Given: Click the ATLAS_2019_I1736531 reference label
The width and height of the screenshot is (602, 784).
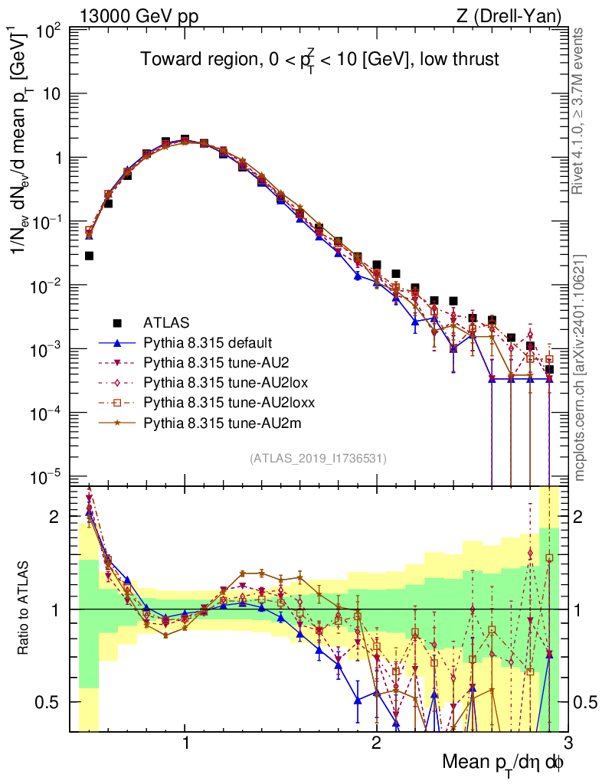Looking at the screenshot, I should pos(318,459).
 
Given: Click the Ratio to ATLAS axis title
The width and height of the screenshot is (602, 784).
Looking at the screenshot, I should pos(25,609).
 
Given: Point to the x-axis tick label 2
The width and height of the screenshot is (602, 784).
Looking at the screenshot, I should pos(376,743).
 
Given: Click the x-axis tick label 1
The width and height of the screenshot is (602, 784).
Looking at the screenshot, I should pos(185,743).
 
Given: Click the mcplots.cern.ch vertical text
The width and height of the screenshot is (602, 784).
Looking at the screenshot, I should pos(580,367).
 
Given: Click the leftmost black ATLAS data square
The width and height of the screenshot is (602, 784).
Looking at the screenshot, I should pos(89,256).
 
